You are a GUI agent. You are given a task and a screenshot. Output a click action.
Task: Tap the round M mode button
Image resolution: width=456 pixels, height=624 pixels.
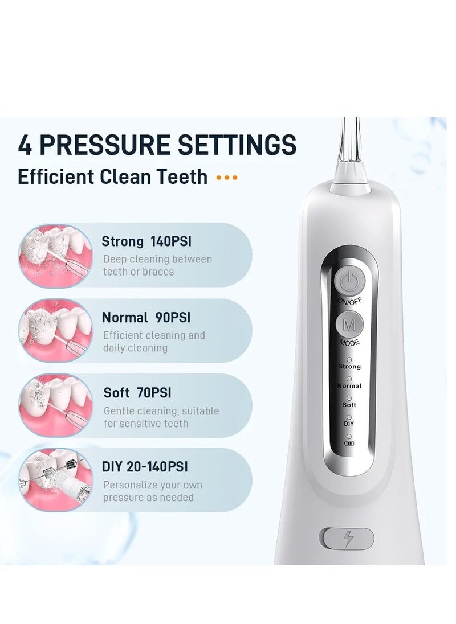click(349, 325)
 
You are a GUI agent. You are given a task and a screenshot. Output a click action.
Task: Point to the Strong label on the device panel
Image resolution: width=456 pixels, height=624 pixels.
click(349, 366)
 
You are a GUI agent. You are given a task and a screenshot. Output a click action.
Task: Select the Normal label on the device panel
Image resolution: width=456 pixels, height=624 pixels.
click(349, 385)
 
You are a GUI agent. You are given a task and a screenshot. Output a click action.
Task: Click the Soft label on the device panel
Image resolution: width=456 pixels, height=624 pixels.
click(349, 404)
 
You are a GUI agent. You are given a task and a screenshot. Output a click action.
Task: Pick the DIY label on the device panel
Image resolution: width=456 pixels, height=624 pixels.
click(349, 424)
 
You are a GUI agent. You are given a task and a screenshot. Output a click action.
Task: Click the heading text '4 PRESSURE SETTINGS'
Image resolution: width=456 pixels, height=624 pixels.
click(157, 145)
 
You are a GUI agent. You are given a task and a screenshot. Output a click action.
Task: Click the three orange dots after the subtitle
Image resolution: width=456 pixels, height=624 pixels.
click(227, 178)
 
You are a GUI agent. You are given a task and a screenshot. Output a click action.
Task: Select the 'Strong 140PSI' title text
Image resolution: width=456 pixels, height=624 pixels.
click(146, 241)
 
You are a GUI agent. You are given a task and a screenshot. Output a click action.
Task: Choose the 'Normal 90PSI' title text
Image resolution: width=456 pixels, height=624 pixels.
click(145, 317)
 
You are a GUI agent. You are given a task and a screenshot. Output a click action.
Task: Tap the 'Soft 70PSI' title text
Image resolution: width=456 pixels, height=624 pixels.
click(137, 393)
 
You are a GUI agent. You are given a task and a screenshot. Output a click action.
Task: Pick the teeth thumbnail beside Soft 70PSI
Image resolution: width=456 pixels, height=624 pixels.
click(55, 405)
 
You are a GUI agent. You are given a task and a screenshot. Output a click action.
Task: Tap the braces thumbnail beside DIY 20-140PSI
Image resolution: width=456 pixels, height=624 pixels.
click(55, 480)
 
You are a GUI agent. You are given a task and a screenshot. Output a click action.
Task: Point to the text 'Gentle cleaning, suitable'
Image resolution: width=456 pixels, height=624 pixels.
click(161, 411)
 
